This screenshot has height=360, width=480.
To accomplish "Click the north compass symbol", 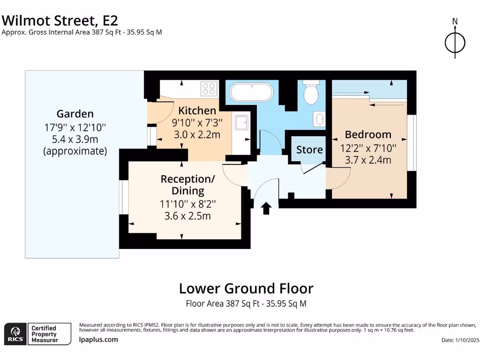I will coord(455,43).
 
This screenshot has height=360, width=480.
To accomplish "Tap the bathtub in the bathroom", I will coord(249,92).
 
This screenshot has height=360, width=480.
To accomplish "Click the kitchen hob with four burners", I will coord(209,89).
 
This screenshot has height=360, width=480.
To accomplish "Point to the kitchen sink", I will coord(242,123).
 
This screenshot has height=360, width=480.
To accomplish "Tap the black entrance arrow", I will coord(266,208).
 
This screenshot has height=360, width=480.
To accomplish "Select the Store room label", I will coord(309,150).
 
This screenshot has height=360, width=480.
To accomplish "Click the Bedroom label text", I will coord(368,135).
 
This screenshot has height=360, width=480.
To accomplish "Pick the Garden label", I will coord(75,113).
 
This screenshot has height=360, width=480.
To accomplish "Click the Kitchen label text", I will coord(197,111).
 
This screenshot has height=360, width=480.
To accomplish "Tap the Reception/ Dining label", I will coord(187,185).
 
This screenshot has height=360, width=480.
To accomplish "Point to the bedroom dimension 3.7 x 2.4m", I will coord(368,160).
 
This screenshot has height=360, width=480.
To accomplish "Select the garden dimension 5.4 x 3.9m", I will coord(75,139).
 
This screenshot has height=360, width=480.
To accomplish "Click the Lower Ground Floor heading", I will coord(246,288).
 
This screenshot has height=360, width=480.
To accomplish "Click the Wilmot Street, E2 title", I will coord(60,20).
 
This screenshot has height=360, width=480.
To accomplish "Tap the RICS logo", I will coord(15,334).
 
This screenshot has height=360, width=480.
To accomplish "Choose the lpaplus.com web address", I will coord(98,339).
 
